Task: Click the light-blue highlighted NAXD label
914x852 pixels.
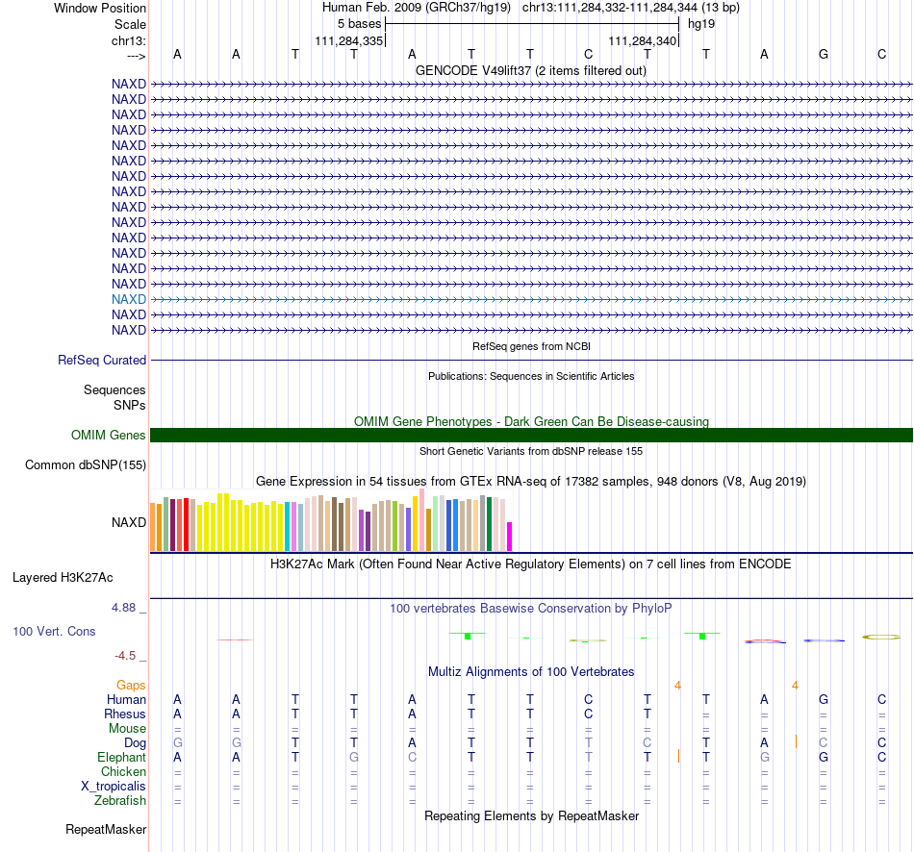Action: [x=129, y=299]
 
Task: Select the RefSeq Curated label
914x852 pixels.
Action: [x=102, y=361]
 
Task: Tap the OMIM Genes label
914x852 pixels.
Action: [x=109, y=436]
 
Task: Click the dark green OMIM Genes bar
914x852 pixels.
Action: [x=532, y=436]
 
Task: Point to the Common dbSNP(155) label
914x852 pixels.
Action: [x=86, y=465]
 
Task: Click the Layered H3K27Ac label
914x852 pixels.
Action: [x=63, y=578]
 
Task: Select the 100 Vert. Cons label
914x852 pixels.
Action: [x=54, y=631]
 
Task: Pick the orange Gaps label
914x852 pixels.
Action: [x=131, y=686]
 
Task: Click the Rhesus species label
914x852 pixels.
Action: [x=125, y=714]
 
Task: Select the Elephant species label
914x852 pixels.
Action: [x=122, y=757]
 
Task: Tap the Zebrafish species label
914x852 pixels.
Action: [x=120, y=801]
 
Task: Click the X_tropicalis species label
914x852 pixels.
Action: [x=114, y=787]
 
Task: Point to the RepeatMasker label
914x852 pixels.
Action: [x=106, y=829]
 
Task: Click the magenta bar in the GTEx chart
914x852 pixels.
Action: [x=510, y=537]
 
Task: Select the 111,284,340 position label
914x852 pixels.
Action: [x=643, y=40]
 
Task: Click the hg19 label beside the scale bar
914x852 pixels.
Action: [x=701, y=24]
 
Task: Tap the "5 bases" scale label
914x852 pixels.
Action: [x=359, y=24]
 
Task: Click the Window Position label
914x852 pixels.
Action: [x=100, y=8]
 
